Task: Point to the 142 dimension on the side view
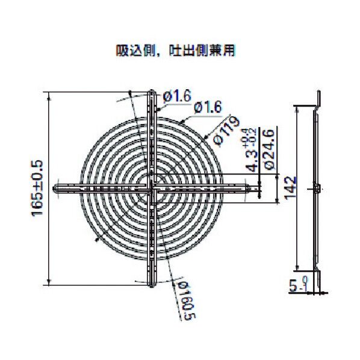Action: [x=288, y=188]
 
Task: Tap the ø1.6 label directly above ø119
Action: [x=209, y=108]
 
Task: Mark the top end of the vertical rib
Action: [x=152, y=92]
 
